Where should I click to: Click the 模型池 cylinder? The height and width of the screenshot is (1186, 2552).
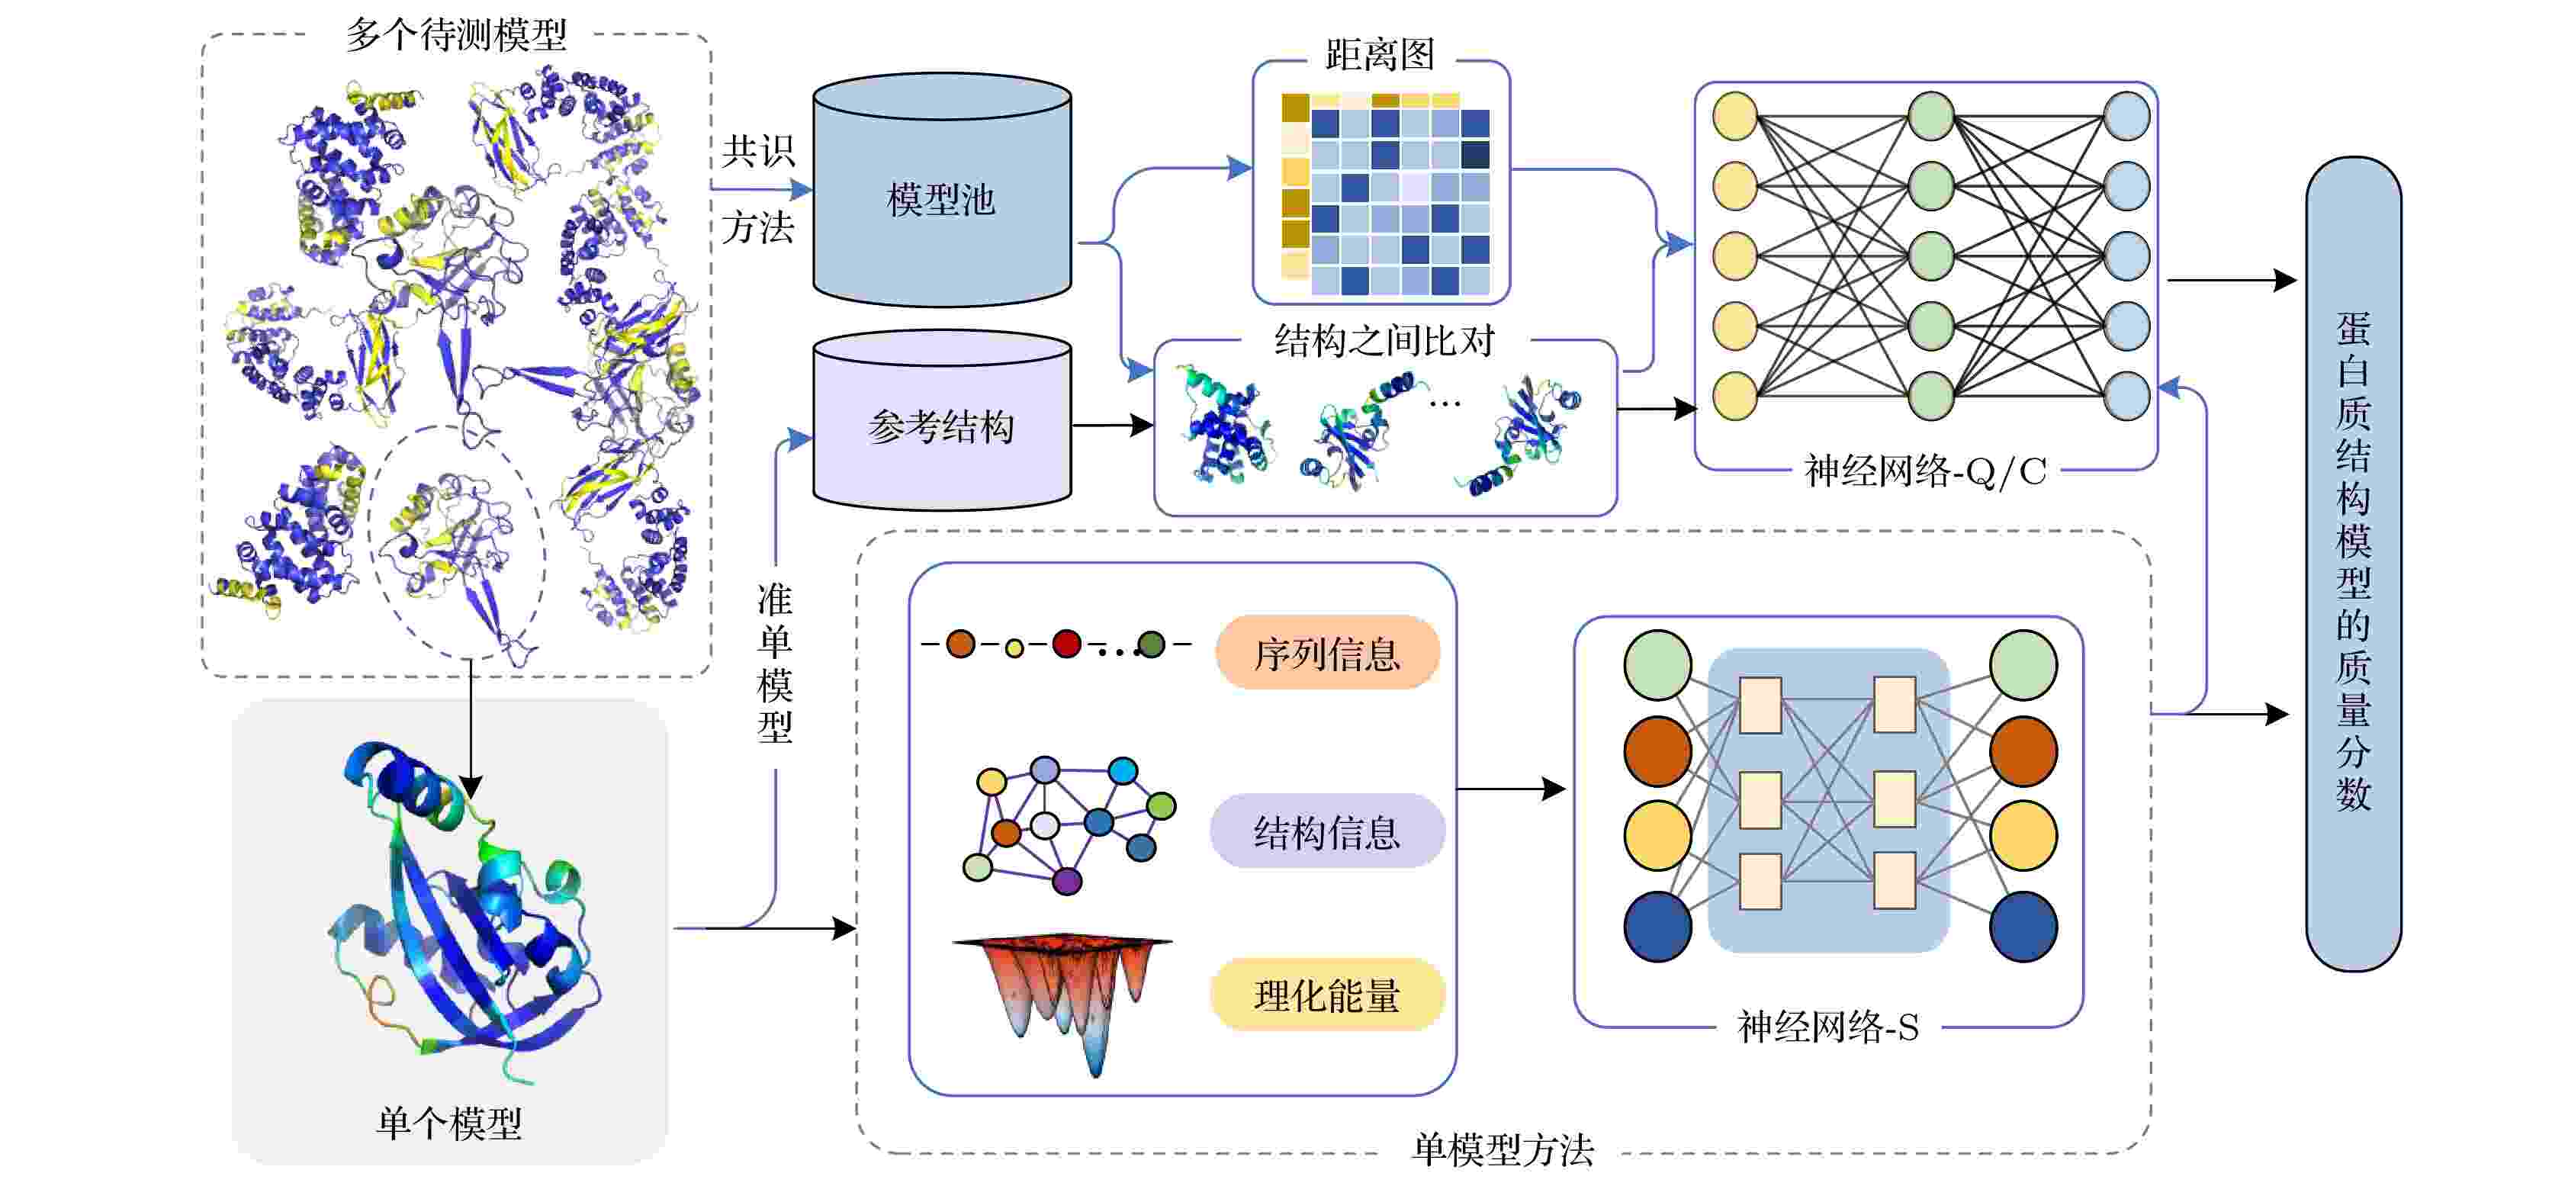pos(941,190)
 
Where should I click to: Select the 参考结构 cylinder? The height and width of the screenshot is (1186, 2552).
pos(941,421)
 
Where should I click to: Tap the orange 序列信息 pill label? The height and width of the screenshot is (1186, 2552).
pos(1326,653)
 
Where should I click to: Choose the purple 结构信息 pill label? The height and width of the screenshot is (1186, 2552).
pos(1326,831)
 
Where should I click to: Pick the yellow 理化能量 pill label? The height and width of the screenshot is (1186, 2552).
pos(1326,995)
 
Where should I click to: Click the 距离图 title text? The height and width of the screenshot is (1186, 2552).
pos(1380,54)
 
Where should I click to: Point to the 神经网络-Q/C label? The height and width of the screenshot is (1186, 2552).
pos(1925,471)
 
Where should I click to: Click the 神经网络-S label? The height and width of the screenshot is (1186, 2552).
pos(1827,1027)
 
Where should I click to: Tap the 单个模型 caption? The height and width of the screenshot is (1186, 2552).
pos(448,1123)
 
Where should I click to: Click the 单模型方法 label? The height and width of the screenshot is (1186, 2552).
pos(1503,1149)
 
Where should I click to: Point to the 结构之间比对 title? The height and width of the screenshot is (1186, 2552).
pos(1384,340)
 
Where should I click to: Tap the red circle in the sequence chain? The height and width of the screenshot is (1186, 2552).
pos(1066,644)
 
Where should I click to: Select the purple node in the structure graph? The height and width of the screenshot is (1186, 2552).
pos(1067,881)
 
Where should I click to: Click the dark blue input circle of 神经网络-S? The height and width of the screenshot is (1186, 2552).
pos(1657,927)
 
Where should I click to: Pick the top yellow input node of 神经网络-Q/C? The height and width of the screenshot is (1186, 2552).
pos(1734,116)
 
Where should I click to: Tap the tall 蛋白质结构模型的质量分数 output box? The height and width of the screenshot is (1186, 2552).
pos(2353,564)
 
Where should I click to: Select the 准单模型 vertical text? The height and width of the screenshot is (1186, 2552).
pos(775,663)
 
